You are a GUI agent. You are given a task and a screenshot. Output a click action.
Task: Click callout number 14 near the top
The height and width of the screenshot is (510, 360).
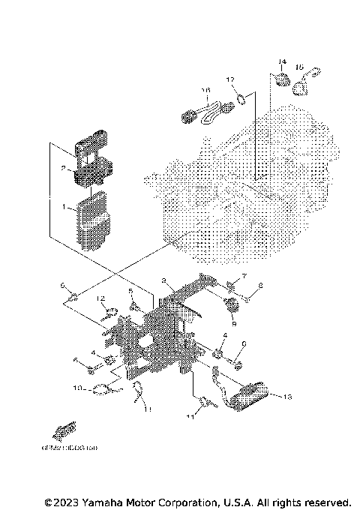tap(283, 61)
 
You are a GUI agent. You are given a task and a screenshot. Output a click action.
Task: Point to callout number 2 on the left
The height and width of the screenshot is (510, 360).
tap(64, 169)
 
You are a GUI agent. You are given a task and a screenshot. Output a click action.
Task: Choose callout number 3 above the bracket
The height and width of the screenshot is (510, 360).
tap(163, 280)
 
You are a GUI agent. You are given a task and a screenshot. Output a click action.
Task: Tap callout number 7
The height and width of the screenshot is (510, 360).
tap(244, 277)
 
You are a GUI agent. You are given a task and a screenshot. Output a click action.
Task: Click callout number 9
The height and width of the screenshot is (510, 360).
tap(233, 324)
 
